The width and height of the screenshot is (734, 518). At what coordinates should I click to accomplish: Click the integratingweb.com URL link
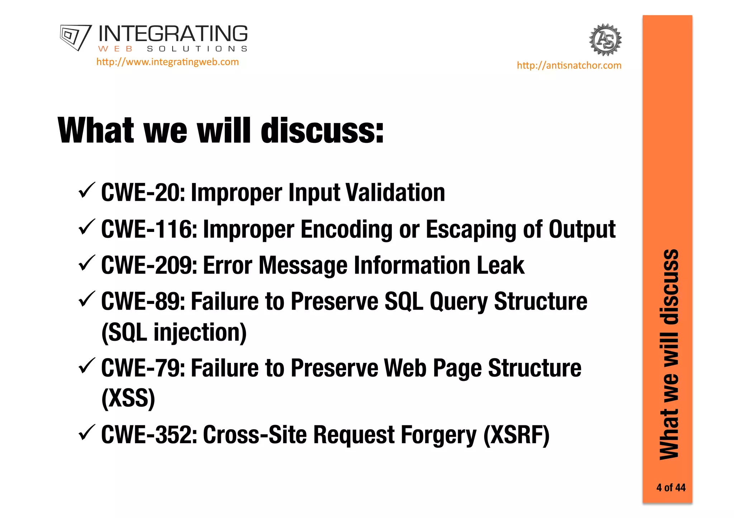pyautogui.click(x=167, y=62)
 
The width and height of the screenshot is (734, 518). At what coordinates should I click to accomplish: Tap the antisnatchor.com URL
pyautogui.click(x=569, y=66)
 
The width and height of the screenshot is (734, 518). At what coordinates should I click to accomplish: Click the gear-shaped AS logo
pyautogui.click(x=605, y=40)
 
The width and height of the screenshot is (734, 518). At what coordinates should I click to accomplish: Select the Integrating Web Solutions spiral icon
pyautogui.click(x=75, y=37)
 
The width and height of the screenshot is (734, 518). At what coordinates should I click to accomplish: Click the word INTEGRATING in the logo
pyautogui.click(x=173, y=34)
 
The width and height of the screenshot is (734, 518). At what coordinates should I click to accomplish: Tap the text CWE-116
pyautogui.click(x=149, y=229)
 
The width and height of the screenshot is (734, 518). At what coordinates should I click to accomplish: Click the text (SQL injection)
pyautogui.click(x=174, y=333)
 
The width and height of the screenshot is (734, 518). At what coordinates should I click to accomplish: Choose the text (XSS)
pyautogui.click(x=128, y=398)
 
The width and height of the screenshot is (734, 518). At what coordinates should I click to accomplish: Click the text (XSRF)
pyautogui.click(x=516, y=435)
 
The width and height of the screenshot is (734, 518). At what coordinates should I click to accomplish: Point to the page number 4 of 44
pyautogui.click(x=671, y=488)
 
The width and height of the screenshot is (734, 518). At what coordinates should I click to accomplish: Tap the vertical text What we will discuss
pyautogui.click(x=669, y=354)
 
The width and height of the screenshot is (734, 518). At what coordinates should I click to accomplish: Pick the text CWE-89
pyautogui.click(x=143, y=302)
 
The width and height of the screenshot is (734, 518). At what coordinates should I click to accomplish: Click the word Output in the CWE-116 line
pyautogui.click(x=582, y=229)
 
